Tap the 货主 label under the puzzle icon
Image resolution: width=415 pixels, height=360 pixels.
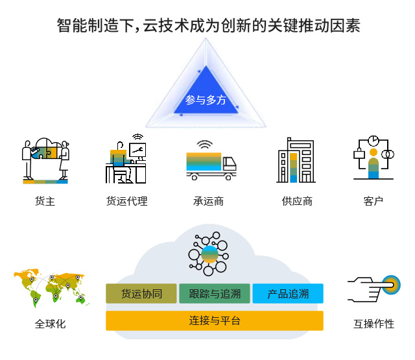45,201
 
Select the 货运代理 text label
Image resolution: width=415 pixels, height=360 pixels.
127,201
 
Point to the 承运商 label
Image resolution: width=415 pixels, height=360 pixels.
208,201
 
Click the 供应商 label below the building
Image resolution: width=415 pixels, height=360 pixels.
297,201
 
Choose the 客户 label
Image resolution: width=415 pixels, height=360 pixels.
373,201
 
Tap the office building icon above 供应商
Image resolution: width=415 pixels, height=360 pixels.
296,160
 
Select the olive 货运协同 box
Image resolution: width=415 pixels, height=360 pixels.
141,294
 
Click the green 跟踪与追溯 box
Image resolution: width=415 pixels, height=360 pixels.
215,294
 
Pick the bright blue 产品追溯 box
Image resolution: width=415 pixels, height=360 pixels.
288,294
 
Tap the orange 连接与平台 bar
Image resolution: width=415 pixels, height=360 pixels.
215,320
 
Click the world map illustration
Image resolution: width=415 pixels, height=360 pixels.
51,288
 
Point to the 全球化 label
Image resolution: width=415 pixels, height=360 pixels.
50,324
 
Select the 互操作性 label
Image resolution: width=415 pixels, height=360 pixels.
373,324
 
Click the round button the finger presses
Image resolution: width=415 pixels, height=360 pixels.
391,285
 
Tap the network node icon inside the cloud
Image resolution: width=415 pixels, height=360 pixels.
209,254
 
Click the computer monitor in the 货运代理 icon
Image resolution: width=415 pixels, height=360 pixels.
137,150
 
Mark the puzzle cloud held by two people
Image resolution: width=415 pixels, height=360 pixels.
46,149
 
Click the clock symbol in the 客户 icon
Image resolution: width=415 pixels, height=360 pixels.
373,141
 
